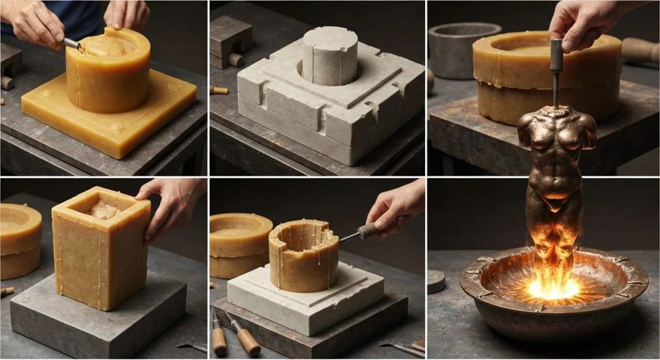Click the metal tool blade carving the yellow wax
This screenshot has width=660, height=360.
pyautogui.click(x=72, y=44)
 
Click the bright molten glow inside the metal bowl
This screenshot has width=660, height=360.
pyautogui.click(x=553, y=288)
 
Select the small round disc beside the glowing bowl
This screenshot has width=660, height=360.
pyautogui.click(x=436, y=281)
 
